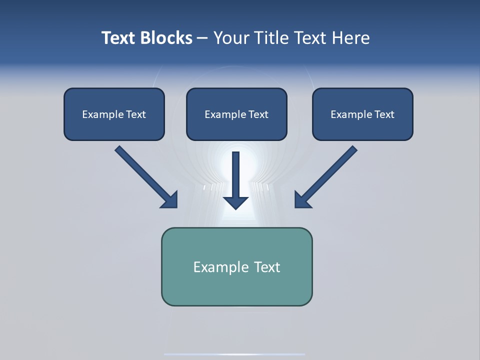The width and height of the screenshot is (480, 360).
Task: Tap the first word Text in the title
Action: [120, 38]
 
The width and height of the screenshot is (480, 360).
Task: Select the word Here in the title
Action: [351, 38]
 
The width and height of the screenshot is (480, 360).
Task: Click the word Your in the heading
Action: [231, 38]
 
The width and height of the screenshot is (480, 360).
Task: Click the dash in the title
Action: [202, 38]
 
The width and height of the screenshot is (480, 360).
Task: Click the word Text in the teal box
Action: [267, 267]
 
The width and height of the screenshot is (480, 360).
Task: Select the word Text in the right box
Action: [384, 114]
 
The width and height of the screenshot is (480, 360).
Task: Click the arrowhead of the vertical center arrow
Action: [236, 202]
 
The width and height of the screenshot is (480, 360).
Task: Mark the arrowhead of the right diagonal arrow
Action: [301, 200]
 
